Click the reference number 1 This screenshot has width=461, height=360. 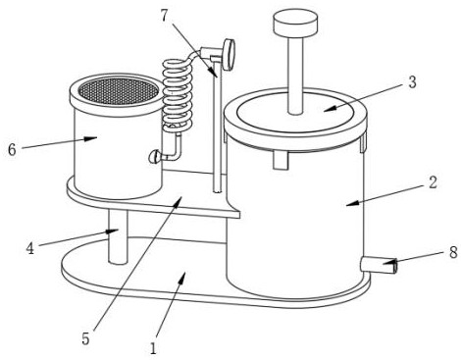point(153,348)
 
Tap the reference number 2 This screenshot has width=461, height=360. point(433,183)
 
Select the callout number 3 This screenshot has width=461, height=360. point(412,82)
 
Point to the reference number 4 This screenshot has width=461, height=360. point(30,249)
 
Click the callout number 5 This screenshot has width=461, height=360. point(85,339)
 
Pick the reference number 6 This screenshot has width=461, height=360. point(12,150)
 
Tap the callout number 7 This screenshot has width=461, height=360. point(165,16)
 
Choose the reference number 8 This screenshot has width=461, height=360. point(453,252)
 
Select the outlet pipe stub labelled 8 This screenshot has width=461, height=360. point(380,265)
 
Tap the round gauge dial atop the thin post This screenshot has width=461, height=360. point(229,54)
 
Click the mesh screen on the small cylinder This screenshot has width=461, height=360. point(119,91)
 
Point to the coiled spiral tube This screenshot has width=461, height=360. point(178,95)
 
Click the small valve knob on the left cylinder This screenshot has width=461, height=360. point(154,156)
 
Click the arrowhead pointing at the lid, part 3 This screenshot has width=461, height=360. point(330,108)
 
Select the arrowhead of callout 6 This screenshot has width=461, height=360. point(91,138)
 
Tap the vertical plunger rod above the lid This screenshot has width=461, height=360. point(296,75)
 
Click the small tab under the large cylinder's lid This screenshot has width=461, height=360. point(282,160)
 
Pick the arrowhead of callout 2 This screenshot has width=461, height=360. point(352,203)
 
